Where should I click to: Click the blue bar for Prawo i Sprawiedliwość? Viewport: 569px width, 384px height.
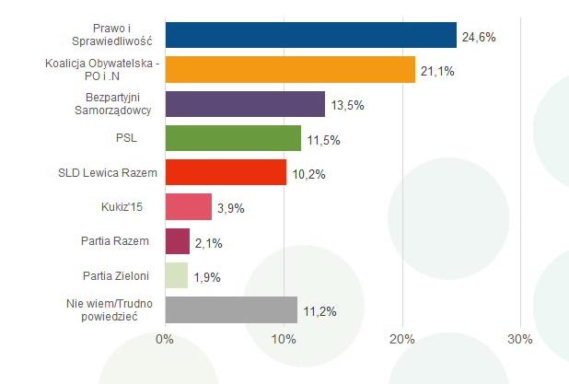click(x=310, y=35)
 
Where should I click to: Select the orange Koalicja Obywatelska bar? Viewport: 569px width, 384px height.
click(x=290, y=69)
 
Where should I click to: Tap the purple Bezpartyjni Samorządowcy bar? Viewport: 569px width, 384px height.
click(x=245, y=104)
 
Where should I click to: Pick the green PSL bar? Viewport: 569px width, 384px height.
click(x=233, y=138)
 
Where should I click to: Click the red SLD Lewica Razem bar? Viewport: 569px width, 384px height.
click(x=226, y=172)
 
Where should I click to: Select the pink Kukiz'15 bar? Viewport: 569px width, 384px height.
click(x=188, y=206)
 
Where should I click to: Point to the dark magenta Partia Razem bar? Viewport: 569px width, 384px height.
click(x=177, y=241)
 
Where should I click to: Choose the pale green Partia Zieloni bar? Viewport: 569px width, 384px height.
click(x=176, y=275)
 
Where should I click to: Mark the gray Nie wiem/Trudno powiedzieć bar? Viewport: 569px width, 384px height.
click(x=231, y=310)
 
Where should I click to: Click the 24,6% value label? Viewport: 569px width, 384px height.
click(x=479, y=37)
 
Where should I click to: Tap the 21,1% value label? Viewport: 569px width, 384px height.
click(x=437, y=71)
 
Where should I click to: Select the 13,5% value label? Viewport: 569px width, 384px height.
click(x=347, y=105)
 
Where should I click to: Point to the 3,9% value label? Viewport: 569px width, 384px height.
click(x=230, y=208)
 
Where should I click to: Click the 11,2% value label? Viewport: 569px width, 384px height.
click(x=319, y=311)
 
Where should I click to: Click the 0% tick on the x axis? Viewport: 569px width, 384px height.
click(x=165, y=340)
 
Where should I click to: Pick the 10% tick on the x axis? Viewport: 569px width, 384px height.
click(x=284, y=340)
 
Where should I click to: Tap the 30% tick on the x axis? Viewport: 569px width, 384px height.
click(x=520, y=340)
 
